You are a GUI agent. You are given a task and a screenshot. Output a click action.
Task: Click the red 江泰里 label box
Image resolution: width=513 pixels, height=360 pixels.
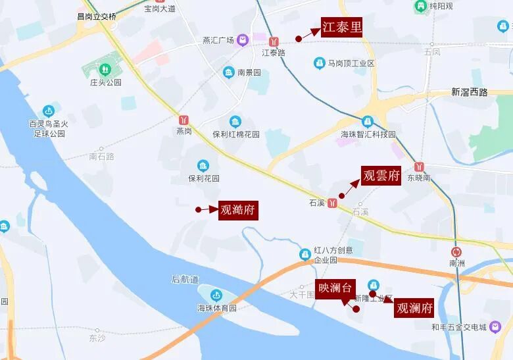(341, 28)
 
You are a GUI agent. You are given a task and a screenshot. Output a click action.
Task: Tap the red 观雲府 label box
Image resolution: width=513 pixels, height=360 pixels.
(381, 176)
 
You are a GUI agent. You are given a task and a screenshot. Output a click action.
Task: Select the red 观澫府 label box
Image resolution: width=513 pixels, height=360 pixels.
(237, 210)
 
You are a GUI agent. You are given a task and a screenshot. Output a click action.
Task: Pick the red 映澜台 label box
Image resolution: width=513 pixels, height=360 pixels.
(335, 288)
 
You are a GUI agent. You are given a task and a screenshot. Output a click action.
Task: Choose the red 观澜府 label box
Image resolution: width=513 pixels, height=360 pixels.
(415, 308)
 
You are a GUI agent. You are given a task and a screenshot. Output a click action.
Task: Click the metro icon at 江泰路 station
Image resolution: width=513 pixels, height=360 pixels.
(274, 39)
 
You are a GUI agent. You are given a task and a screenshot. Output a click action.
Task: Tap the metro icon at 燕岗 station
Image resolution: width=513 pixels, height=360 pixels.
(184, 119)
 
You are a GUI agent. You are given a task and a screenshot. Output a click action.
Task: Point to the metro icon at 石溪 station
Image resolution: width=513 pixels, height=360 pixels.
(334, 202)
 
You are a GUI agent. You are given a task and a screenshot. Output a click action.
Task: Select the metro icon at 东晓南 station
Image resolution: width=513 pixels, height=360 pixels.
(419, 166)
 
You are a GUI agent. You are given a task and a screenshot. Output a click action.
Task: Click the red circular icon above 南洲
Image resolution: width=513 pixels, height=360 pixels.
(457, 251)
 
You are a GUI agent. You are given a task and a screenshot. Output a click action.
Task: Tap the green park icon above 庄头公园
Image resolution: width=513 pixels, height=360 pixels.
(105, 69)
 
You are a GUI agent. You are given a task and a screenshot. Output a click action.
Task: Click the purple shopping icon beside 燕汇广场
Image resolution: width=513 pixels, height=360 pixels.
(243, 39)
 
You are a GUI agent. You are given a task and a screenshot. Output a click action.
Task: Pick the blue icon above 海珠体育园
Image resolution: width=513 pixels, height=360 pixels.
(216, 295)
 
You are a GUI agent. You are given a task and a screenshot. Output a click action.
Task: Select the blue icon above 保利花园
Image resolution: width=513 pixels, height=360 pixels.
(203, 165)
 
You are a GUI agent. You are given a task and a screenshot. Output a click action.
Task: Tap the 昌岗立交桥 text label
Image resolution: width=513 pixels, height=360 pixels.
(96, 15)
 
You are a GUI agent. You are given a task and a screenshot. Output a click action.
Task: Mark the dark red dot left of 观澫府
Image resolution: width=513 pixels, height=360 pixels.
(198, 210)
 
